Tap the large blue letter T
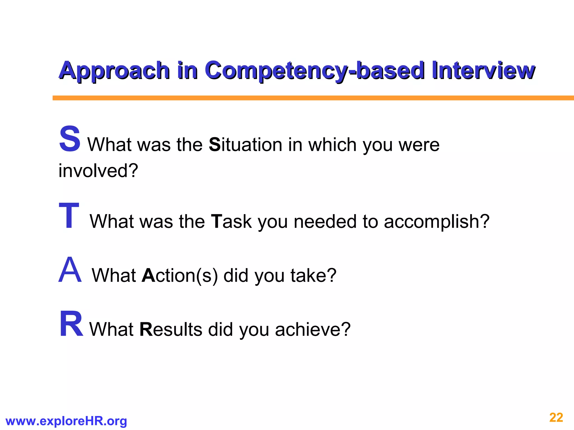click(x=69, y=216)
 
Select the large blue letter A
click(x=70, y=270)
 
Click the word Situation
click(x=246, y=145)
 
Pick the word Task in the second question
click(x=231, y=221)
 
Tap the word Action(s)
click(x=180, y=275)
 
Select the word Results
click(x=171, y=329)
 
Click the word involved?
click(x=98, y=170)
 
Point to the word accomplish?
click(x=436, y=221)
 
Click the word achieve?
click(x=313, y=329)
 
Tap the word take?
click(x=313, y=275)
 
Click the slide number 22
click(x=556, y=418)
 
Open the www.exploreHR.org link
click(x=66, y=421)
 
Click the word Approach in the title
click(x=114, y=71)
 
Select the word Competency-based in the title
click(x=314, y=71)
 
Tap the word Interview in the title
click(x=483, y=71)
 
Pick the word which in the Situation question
click(x=332, y=145)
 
